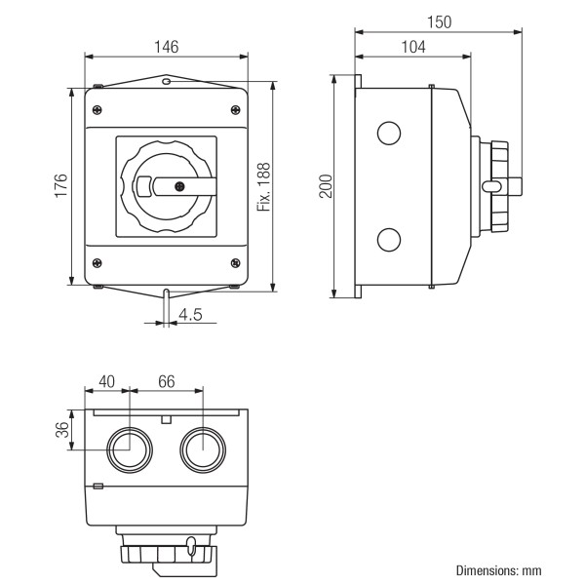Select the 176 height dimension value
(60, 185)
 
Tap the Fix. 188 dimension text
(263, 185)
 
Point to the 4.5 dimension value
(190, 314)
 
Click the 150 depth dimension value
(440, 21)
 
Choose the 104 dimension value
(413, 46)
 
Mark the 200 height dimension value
(326, 185)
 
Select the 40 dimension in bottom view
(106, 381)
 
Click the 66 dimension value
(166, 381)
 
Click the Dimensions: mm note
(498, 569)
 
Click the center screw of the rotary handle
(178, 185)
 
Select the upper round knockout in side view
(388, 133)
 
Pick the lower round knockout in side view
(388, 239)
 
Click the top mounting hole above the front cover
(167, 83)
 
